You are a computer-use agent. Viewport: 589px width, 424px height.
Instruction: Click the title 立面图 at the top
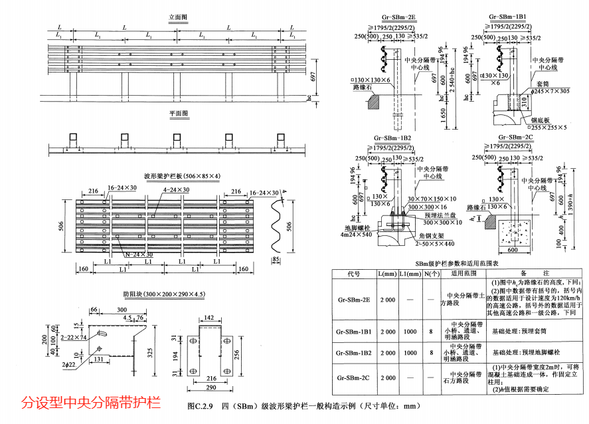(177, 17)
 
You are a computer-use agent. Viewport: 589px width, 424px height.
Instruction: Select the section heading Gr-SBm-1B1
(507, 15)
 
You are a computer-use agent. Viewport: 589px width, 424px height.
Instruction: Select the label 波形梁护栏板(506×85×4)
(182, 176)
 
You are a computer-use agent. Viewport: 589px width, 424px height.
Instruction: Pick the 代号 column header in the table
(353, 273)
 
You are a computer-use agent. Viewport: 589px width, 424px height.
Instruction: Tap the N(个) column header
(432, 273)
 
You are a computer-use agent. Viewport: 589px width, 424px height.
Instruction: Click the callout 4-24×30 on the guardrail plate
(177, 189)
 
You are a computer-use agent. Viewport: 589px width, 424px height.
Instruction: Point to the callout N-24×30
(138, 255)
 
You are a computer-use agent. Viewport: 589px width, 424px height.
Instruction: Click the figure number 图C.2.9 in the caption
(201, 405)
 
